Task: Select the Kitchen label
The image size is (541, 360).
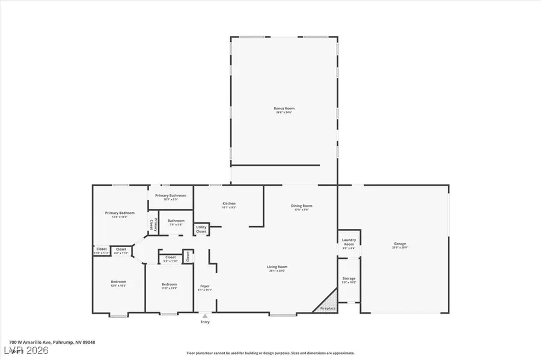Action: point(229,205)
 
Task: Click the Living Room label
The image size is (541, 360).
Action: point(277,268)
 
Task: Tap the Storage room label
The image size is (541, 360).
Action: point(349,279)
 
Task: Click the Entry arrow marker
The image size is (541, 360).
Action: point(206,315)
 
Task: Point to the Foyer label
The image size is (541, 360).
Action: point(205,287)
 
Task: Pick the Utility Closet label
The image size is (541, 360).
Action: point(201,229)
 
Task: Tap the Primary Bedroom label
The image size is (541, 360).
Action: point(120,215)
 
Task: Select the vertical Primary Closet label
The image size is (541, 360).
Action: point(153,224)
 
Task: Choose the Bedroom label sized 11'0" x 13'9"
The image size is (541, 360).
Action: point(169,285)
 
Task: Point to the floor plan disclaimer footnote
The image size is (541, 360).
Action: point(270,353)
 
